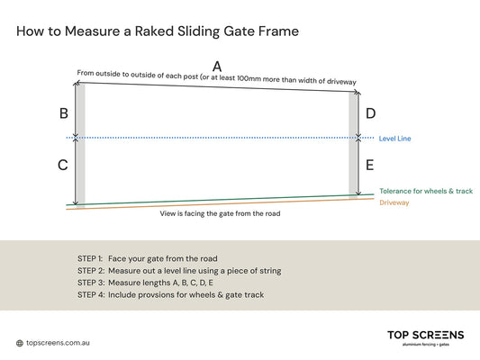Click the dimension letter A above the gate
point(216,67)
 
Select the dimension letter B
point(63,113)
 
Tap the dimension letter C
point(62,165)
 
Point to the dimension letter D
point(370,113)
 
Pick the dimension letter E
point(370,165)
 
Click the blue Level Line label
point(395,139)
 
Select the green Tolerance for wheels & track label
point(425,191)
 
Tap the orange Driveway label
point(394,202)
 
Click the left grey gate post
point(80,144)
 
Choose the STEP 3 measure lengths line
point(146,282)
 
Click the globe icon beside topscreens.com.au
point(20,343)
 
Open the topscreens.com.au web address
point(59,343)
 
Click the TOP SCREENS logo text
point(425,336)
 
